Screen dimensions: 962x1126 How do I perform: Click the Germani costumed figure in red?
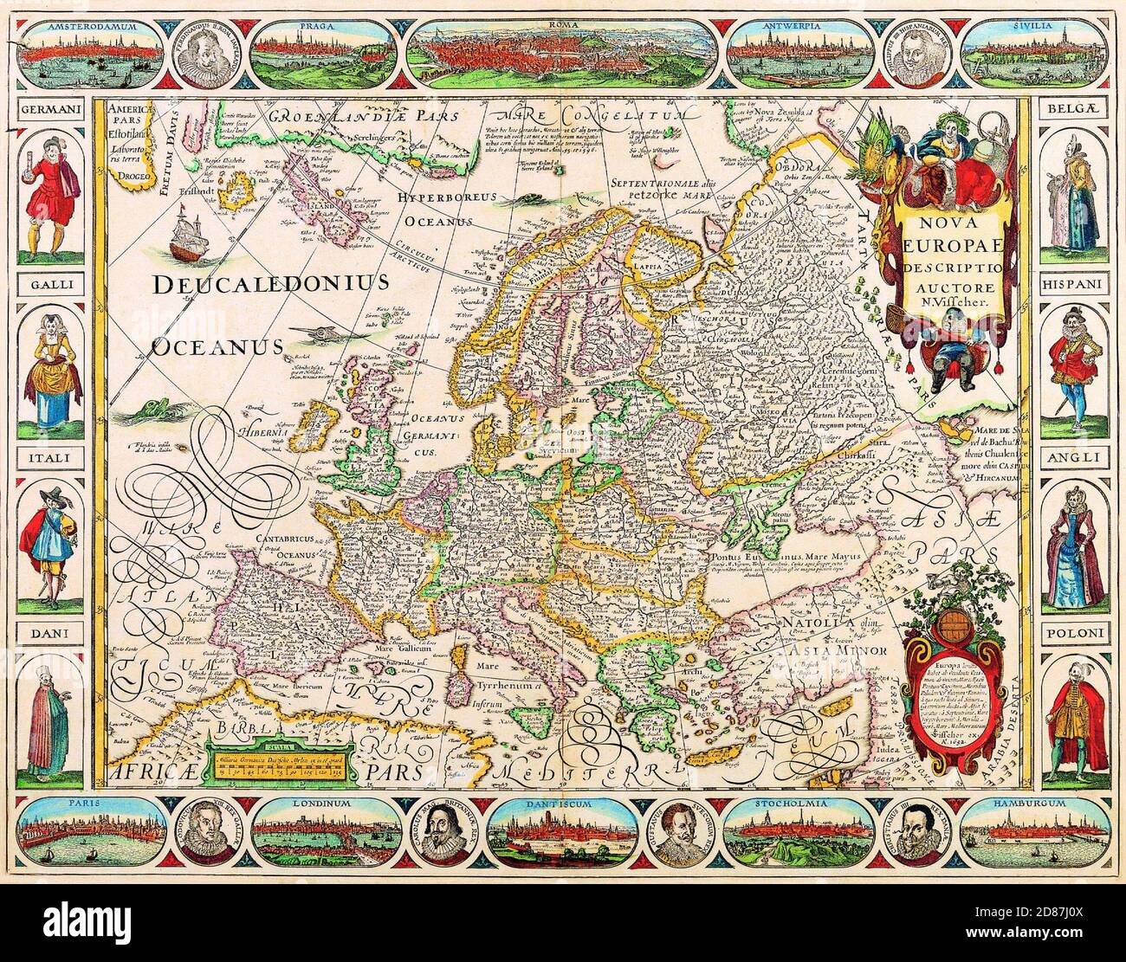coord(51,190)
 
